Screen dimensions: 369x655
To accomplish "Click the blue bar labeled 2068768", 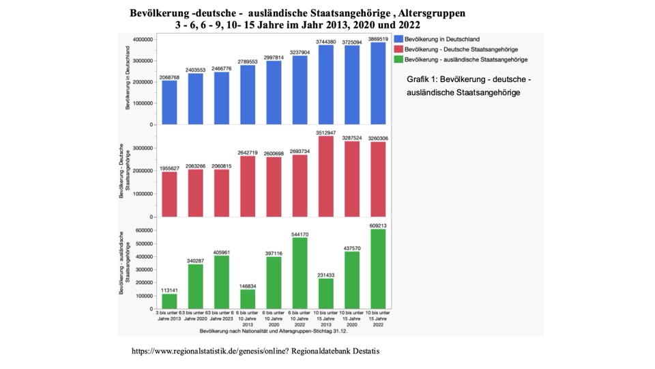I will [x=169, y=102].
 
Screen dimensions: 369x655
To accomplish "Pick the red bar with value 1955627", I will [x=169, y=194].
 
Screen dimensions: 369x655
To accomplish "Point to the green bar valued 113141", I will [x=169, y=301].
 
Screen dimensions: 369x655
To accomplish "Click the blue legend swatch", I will [x=398, y=40].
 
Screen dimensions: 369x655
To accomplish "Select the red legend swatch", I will [x=398, y=50].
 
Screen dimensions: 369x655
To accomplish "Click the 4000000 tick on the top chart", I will [x=142, y=40].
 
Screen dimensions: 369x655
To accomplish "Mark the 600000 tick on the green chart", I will [x=143, y=230].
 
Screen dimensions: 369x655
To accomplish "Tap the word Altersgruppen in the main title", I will [x=425, y=13].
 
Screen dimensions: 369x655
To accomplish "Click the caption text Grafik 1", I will [x=422, y=79].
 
